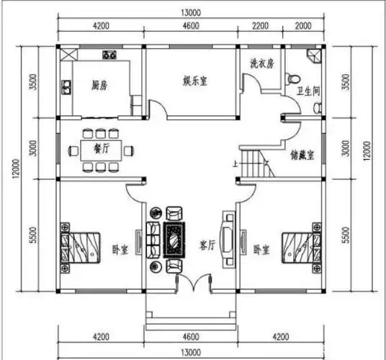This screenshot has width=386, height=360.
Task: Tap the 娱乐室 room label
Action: pyautogui.click(x=194, y=81)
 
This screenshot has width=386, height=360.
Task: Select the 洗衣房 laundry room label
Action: pyautogui.click(x=261, y=63)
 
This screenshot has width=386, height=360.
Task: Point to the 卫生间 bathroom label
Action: pyautogui.click(x=308, y=91)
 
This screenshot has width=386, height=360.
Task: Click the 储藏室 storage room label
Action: pyautogui.click(x=301, y=153)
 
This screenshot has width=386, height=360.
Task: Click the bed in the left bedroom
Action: pyautogui.click(x=81, y=247)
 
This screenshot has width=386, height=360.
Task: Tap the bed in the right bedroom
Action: pyautogui.click(x=302, y=246)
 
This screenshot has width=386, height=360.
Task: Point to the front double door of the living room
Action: pyautogui.click(x=192, y=282)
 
